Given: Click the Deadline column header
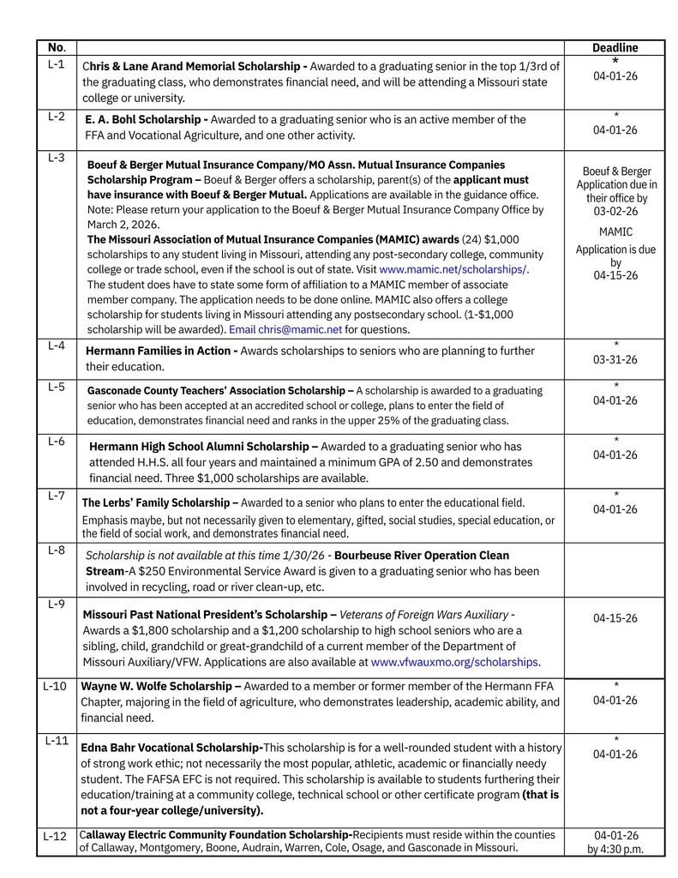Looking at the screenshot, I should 615,48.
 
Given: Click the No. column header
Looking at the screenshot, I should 57,48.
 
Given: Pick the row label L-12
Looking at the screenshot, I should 55,836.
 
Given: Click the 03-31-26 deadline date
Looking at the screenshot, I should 615,361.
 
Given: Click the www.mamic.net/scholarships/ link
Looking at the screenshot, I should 453,269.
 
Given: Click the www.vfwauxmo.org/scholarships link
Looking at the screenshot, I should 454,662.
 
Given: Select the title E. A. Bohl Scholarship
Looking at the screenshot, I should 146,120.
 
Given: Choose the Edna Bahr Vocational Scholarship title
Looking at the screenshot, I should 171,748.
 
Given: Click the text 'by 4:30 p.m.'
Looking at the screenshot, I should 615,850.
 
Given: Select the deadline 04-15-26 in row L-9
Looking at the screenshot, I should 615,618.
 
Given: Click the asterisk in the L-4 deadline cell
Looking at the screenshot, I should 615,346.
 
